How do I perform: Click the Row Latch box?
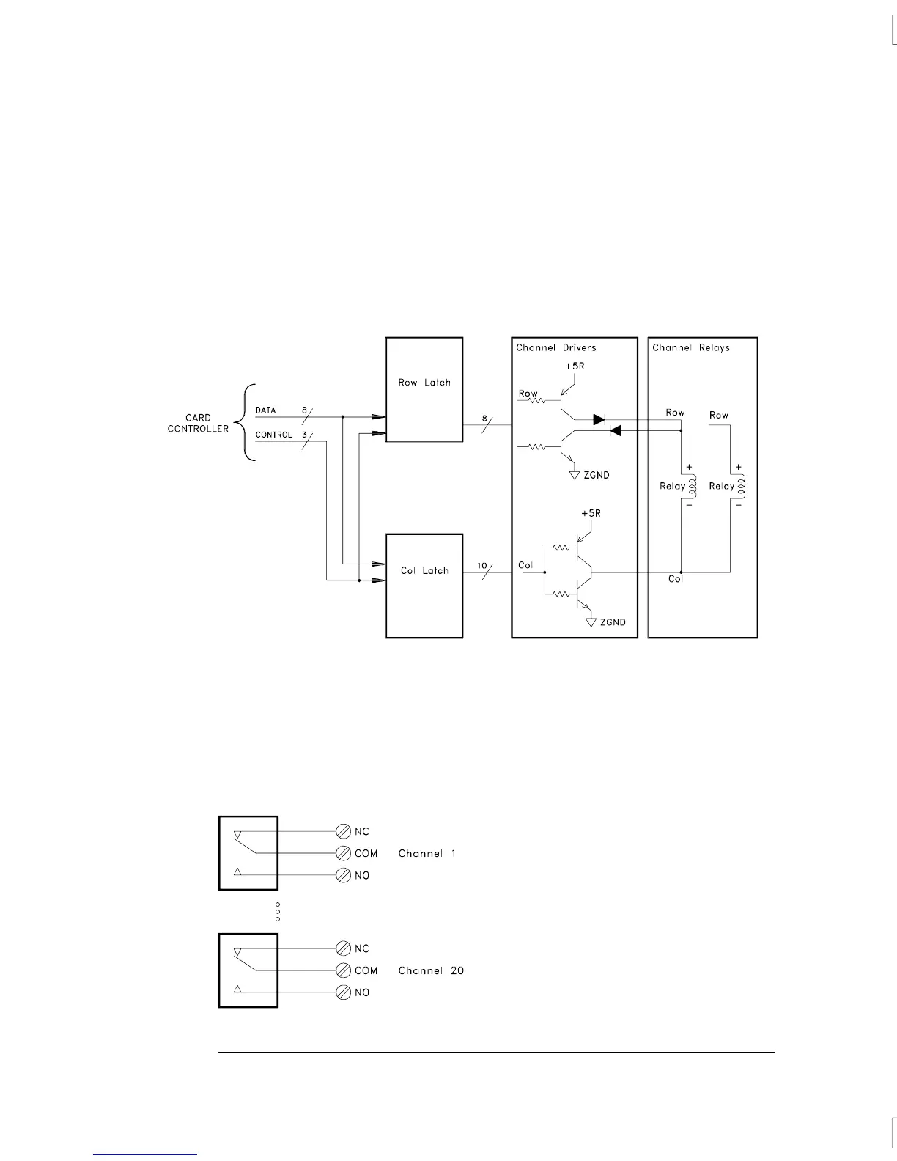(x=424, y=389)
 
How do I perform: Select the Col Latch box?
(x=424, y=586)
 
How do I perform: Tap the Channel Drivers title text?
(x=556, y=347)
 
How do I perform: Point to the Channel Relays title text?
(x=691, y=347)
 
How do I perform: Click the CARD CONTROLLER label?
(x=198, y=423)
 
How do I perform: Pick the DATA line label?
(x=265, y=410)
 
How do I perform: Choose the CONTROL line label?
(x=273, y=435)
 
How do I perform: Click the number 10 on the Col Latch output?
(x=481, y=565)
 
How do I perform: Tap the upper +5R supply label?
(x=575, y=365)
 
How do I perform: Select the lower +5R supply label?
(x=591, y=513)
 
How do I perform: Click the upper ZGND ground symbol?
(x=575, y=475)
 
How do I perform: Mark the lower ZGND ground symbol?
(x=591, y=622)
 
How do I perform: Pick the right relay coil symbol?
(x=740, y=485)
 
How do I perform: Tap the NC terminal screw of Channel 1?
(x=343, y=831)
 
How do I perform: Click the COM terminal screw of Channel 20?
(x=343, y=970)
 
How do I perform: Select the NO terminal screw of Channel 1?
(x=343, y=875)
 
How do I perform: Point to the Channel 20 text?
(x=431, y=970)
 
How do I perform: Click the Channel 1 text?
(x=427, y=853)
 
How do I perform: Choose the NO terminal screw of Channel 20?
(x=343, y=992)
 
